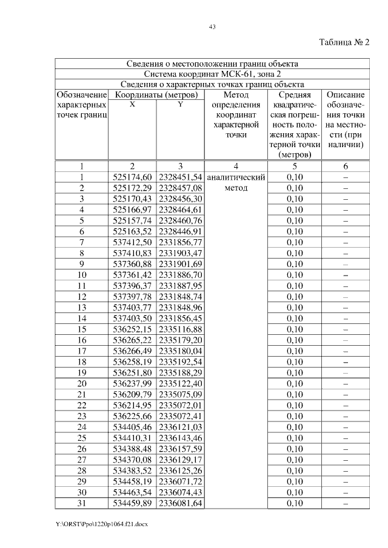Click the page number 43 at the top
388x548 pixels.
pos(212,26)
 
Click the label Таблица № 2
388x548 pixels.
pos(344,42)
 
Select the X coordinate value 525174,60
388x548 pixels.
pos(132,177)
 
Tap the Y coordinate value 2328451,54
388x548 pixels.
pos(181,177)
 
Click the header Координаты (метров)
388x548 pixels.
pos(156,95)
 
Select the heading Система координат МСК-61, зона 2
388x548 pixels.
pos(212,74)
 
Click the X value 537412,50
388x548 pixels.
pos(132,242)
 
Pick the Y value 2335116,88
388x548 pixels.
pos(181,329)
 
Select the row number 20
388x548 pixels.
pos(82,383)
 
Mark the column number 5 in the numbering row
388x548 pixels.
pos(295,166)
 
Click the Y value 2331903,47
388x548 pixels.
pos(181,253)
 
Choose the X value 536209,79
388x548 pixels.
pos(132,394)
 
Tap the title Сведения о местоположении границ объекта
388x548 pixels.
pos(212,64)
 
